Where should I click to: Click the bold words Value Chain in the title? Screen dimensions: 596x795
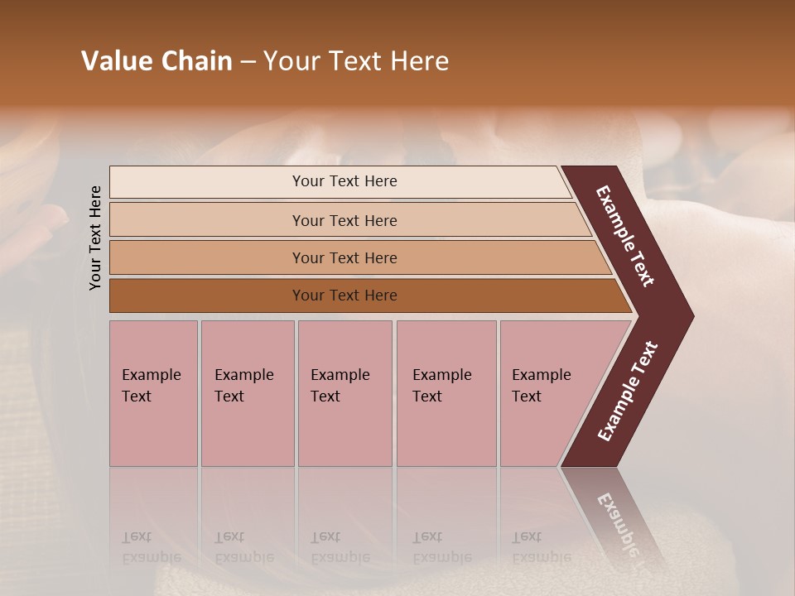tap(157, 61)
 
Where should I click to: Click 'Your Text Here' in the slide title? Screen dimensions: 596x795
tap(356, 61)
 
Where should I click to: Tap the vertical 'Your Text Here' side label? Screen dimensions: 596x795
tap(95, 238)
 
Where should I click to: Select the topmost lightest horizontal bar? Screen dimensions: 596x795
tap(207, 182)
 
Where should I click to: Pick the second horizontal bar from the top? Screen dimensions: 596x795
tap(207, 220)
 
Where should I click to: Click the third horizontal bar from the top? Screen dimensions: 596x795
tap(207, 257)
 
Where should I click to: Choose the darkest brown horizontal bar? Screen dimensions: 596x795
tap(207, 296)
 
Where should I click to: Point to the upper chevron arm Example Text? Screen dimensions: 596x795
tap(625, 236)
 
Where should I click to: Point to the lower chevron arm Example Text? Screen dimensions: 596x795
tap(627, 392)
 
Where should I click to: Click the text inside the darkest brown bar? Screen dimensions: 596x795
tap(344, 296)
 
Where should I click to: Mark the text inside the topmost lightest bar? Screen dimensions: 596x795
tap(344, 181)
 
